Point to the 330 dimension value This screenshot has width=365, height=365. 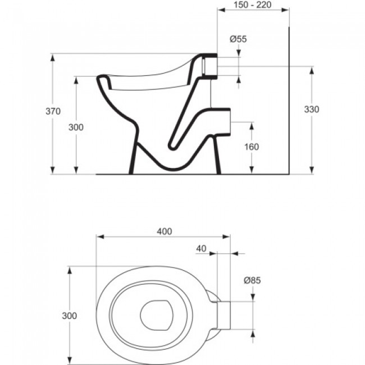tap(311, 109)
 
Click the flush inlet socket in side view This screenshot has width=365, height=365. tap(208, 66)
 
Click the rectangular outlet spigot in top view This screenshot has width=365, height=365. tap(224, 316)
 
